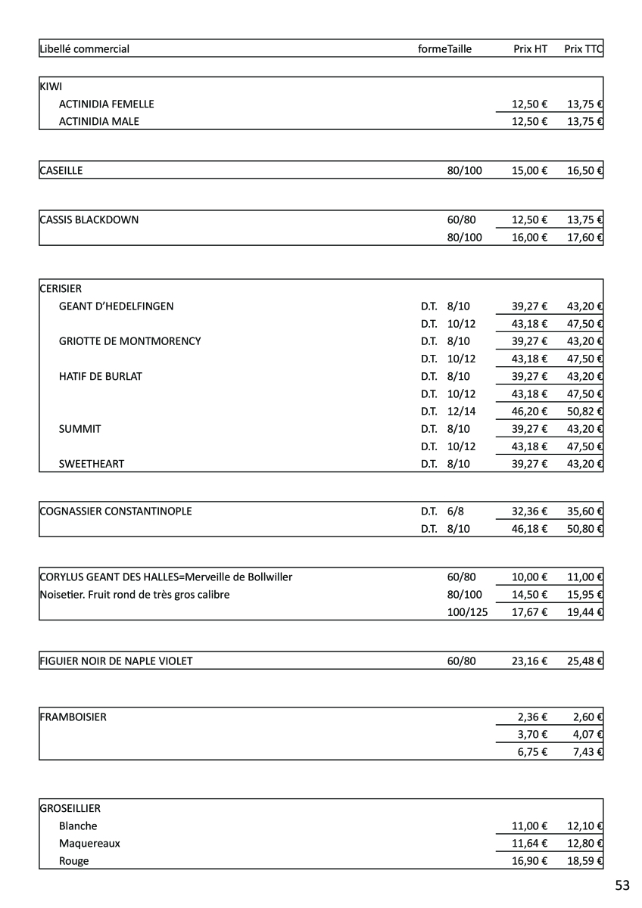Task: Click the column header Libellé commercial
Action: click(x=84, y=49)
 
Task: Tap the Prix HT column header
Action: click(x=530, y=49)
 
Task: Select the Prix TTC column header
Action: click(x=583, y=49)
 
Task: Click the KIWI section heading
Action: click(x=51, y=86)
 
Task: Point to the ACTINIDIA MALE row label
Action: click(x=99, y=121)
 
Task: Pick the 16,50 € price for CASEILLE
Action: click(x=584, y=170)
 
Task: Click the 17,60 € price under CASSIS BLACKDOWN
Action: click(x=584, y=238)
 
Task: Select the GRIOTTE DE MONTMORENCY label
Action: click(x=130, y=341)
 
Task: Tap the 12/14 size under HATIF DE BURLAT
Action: click(x=462, y=411)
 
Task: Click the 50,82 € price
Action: click(x=584, y=411)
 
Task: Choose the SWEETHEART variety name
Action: click(x=92, y=464)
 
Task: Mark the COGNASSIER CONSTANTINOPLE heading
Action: click(x=116, y=511)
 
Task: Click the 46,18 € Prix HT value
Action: click(x=529, y=529)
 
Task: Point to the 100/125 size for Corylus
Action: click(x=467, y=611)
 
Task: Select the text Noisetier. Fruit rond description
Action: click(x=134, y=595)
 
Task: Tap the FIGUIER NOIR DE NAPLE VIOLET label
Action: click(x=116, y=661)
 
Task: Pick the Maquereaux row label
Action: click(x=89, y=843)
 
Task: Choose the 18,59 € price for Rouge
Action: click(x=584, y=861)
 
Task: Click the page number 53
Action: click(x=622, y=885)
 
